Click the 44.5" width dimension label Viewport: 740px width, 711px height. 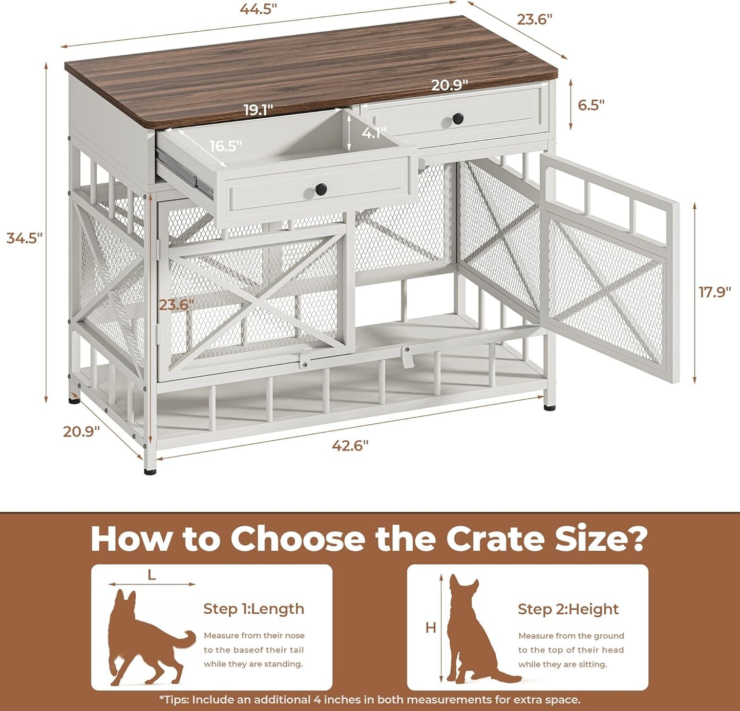259,10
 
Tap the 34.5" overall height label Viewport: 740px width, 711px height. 24,238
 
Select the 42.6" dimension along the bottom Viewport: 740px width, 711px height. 350,445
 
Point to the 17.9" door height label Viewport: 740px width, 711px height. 714,292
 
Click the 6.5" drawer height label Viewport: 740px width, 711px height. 591,105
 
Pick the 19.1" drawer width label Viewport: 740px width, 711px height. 258,110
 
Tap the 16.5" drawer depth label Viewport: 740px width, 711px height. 225,146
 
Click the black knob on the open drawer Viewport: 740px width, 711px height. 321,189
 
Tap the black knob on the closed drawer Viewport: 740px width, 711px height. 458,119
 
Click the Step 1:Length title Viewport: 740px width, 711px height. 253,609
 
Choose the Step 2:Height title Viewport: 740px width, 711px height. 568,609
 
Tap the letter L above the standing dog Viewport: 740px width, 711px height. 152,575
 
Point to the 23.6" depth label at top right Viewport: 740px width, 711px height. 535,19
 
